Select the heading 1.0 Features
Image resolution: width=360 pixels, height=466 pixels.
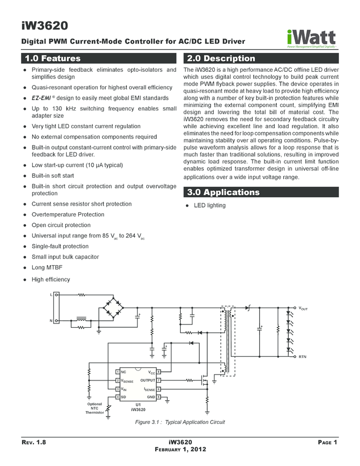click(x=50, y=59)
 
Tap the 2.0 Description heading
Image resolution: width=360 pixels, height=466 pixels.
click(x=221, y=59)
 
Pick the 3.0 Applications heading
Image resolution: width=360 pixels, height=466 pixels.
click(x=224, y=192)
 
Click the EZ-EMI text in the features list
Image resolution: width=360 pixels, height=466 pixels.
click(x=43, y=98)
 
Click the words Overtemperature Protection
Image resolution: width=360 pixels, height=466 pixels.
click(x=67, y=214)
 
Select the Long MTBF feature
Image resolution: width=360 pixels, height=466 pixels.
click(x=45, y=268)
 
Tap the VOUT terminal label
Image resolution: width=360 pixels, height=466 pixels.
click(x=303, y=309)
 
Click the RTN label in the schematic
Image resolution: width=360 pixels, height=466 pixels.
click(x=302, y=357)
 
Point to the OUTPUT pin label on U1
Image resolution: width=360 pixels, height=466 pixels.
click(x=148, y=380)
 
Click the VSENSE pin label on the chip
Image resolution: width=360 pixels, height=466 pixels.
click(x=127, y=380)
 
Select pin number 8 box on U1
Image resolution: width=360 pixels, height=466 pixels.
click(x=158, y=372)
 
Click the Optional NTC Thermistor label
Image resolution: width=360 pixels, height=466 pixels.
click(x=94, y=408)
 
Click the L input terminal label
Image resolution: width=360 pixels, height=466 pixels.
click(x=52, y=295)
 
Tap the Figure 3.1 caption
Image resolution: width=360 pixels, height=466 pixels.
click(x=180, y=422)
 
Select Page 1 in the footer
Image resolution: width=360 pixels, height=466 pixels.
click(x=327, y=442)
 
